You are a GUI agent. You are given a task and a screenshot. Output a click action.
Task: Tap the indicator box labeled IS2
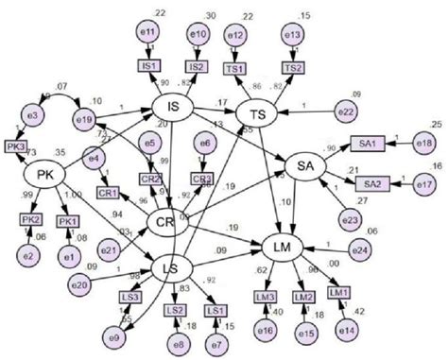pos(198,67)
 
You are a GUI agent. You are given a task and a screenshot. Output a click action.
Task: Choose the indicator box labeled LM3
pos(266,299)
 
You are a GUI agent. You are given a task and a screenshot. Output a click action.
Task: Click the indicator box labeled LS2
pos(176,310)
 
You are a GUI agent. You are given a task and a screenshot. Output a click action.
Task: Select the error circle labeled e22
pos(348,112)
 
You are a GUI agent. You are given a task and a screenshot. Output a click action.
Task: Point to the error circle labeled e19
pos(84,120)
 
